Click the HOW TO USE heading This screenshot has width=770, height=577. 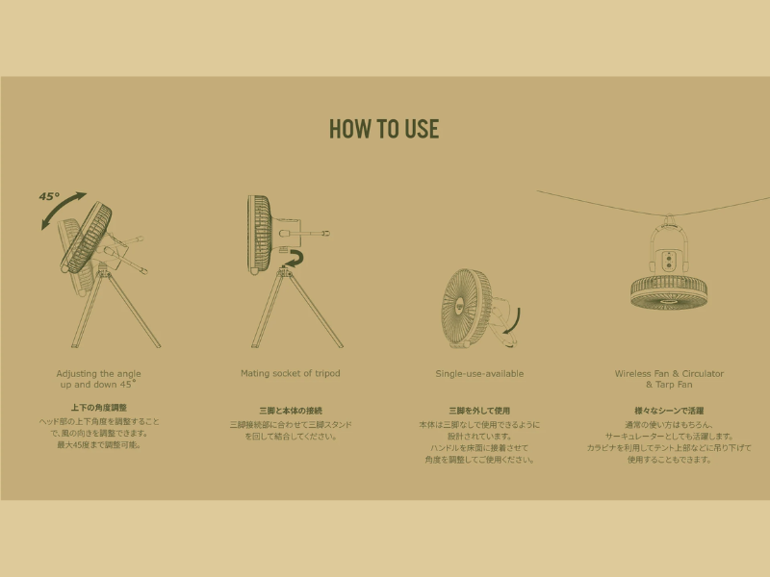[x=384, y=129]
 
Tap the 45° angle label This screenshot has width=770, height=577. [x=49, y=197]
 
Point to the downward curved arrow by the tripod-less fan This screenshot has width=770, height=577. [x=515, y=325]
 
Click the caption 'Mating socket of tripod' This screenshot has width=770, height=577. [x=291, y=373]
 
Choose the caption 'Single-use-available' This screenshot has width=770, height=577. [x=479, y=374]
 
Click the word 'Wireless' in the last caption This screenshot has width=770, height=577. [x=633, y=374]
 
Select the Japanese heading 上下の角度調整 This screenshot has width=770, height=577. [x=99, y=408]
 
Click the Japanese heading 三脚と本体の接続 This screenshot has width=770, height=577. [x=291, y=412]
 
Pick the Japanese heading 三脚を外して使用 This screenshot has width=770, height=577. [x=479, y=412]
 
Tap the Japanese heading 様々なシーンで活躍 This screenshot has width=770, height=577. [x=669, y=412]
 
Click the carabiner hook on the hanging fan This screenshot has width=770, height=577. [x=668, y=219]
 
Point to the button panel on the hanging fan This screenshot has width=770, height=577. [x=668, y=261]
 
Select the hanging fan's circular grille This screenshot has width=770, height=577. [x=669, y=293]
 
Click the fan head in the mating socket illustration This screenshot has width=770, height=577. [x=259, y=235]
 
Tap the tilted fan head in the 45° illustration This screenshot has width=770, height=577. [x=87, y=238]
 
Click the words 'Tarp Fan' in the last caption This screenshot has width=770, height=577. [x=674, y=385]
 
